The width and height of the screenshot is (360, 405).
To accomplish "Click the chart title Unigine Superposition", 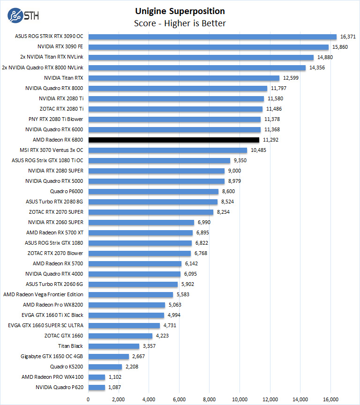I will pos(180,11).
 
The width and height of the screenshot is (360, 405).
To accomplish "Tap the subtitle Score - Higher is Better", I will pos(180,23).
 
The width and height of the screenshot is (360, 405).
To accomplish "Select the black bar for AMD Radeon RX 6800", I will pos(173,140).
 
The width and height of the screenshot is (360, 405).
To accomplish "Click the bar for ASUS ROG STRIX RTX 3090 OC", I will pos(212,37).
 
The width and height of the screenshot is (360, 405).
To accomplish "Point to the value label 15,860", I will pos(340,47).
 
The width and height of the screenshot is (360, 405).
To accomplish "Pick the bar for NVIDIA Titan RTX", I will pos(184,78).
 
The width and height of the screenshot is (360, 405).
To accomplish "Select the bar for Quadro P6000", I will pos(153,191).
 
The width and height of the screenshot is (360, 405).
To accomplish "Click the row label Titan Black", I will pos(70,346).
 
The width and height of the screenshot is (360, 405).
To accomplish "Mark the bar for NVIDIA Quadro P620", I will pos(97,387).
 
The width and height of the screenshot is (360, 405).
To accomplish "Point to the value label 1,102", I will pos(117,377).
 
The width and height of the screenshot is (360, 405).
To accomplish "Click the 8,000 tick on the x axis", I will pos(210,399).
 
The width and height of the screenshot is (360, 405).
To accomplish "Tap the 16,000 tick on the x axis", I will pos(330,399).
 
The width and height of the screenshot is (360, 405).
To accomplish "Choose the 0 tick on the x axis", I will pos(88,399).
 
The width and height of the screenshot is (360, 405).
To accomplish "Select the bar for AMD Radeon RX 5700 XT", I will pos(140,232).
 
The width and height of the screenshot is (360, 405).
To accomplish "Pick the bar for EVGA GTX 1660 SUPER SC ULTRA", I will pos(124,325).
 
